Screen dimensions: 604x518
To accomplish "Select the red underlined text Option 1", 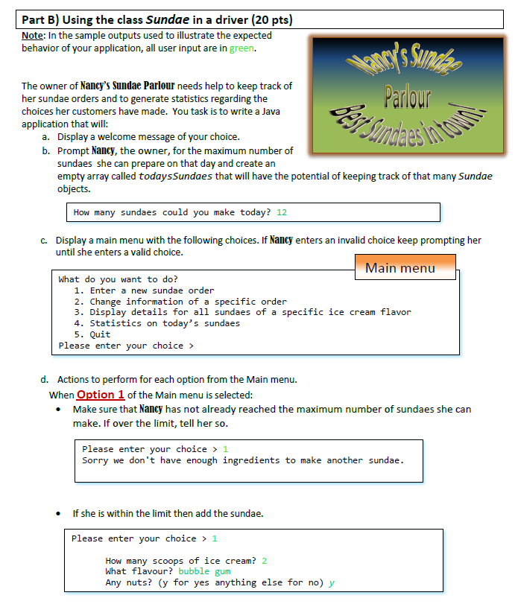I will click(x=101, y=395).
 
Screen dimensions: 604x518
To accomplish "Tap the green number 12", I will click(x=282, y=212).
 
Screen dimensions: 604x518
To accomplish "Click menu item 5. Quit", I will click(x=92, y=334).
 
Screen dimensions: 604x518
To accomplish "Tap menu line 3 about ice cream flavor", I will click(x=242, y=312).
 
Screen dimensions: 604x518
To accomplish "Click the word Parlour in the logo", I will click(x=407, y=98).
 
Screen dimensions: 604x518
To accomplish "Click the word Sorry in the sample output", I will click(x=95, y=460).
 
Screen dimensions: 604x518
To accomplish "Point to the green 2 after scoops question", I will click(x=264, y=560).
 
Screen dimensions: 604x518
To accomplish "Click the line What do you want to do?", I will click(x=119, y=279).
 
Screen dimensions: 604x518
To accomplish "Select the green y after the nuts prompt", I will click(x=332, y=582).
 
